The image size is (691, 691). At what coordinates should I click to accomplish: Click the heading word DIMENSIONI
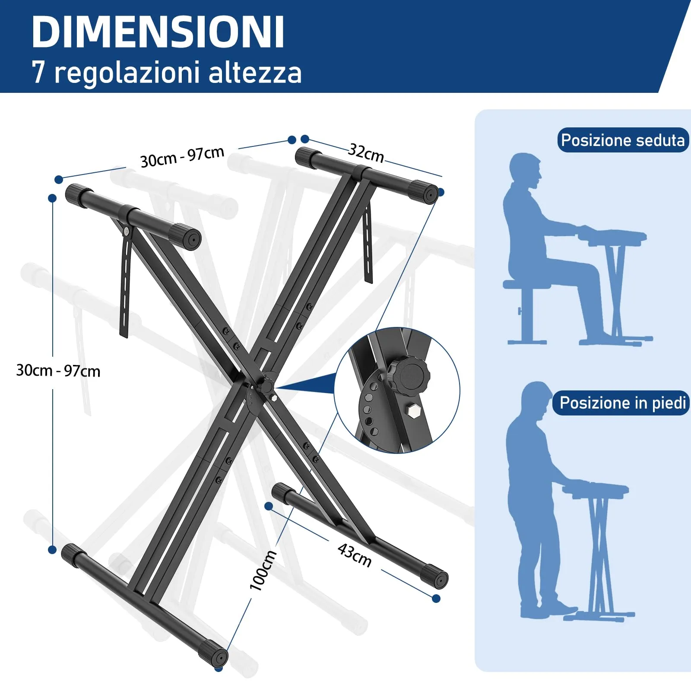(x=158, y=32)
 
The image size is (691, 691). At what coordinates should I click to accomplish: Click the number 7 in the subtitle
(x=38, y=72)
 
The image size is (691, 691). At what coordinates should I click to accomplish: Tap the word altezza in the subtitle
(x=255, y=72)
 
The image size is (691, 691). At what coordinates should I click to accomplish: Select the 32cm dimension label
(x=366, y=152)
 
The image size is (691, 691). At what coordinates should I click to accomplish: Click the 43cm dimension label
(x=355, y=555)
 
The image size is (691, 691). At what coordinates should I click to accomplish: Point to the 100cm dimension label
(x=263, y=570)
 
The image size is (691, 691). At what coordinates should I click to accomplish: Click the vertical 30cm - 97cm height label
(x=58, y=371)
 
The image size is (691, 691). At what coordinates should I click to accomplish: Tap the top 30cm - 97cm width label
(x=182, y=157)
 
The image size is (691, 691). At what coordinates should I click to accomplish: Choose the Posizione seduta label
(x=623, y=140)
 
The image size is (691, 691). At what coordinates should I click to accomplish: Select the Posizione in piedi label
(x=622, y=403)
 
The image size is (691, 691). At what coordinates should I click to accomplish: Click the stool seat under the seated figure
(x=527, y=284)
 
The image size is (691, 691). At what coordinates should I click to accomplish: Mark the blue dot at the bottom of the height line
(x=52, y=550)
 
